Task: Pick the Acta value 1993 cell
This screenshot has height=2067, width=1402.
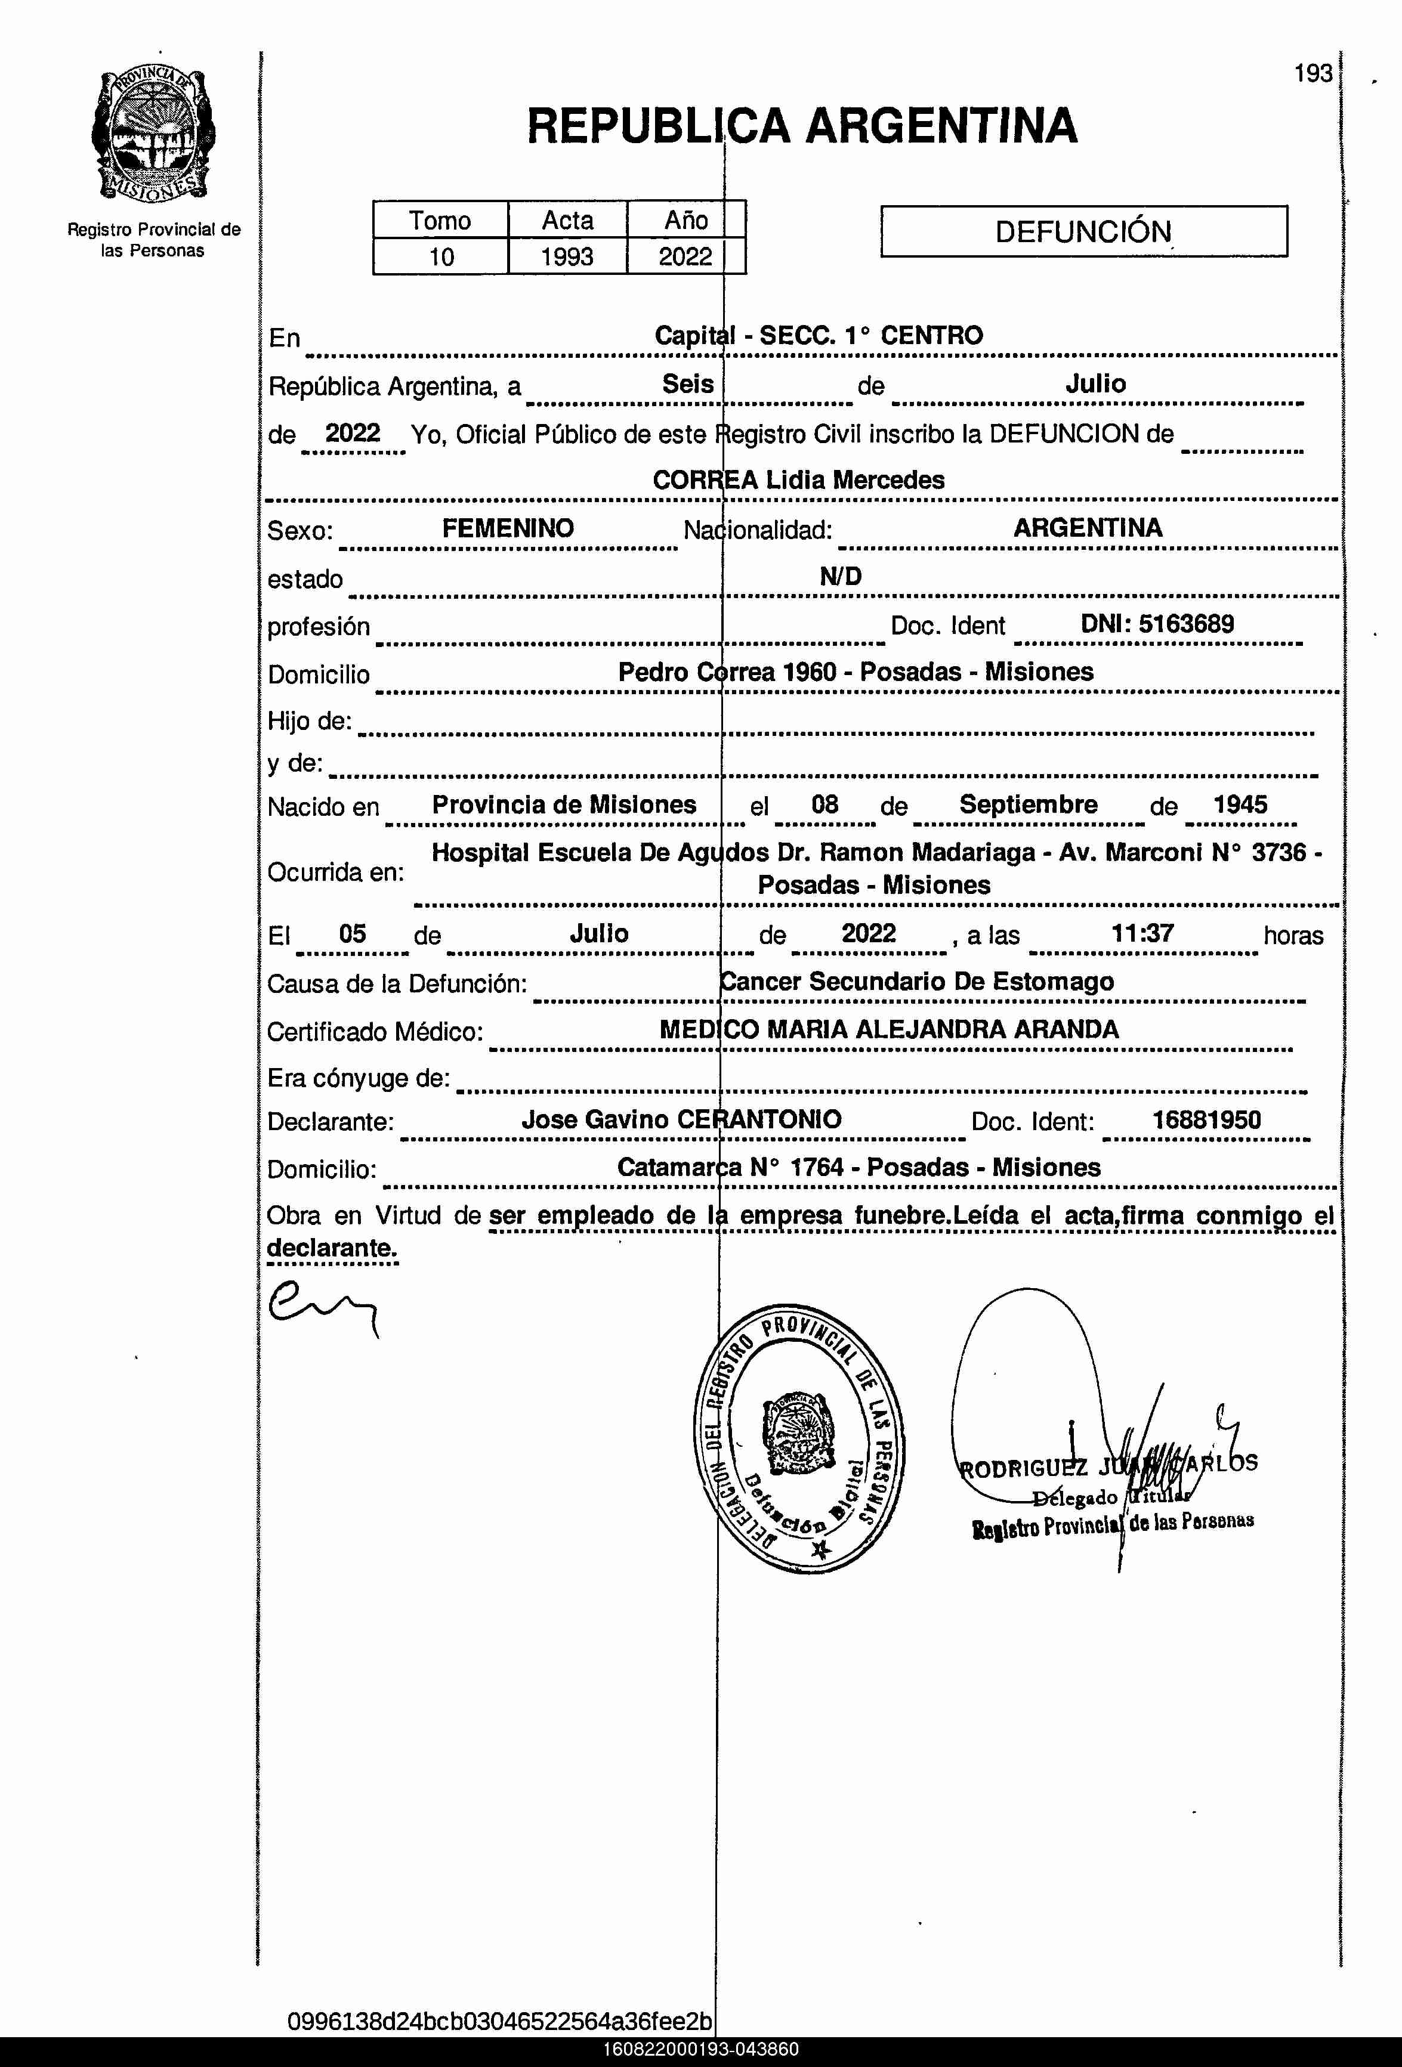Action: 567,257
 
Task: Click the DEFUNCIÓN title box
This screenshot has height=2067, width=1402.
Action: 1083,232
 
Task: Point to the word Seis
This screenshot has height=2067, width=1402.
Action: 688,384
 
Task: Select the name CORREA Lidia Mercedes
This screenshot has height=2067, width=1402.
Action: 798,480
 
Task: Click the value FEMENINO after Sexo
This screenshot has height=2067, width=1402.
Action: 508,528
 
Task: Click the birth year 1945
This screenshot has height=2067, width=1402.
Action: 1240,804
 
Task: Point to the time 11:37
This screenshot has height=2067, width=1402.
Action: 1142,933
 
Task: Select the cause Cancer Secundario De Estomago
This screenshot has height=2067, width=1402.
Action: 917,981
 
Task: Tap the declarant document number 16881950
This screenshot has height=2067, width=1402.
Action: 1206,1120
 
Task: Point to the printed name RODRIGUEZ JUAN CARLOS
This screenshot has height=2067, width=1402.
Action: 1107,1465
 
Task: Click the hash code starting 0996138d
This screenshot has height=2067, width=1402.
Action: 499,2022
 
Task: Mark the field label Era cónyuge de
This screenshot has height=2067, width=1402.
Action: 359,1079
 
